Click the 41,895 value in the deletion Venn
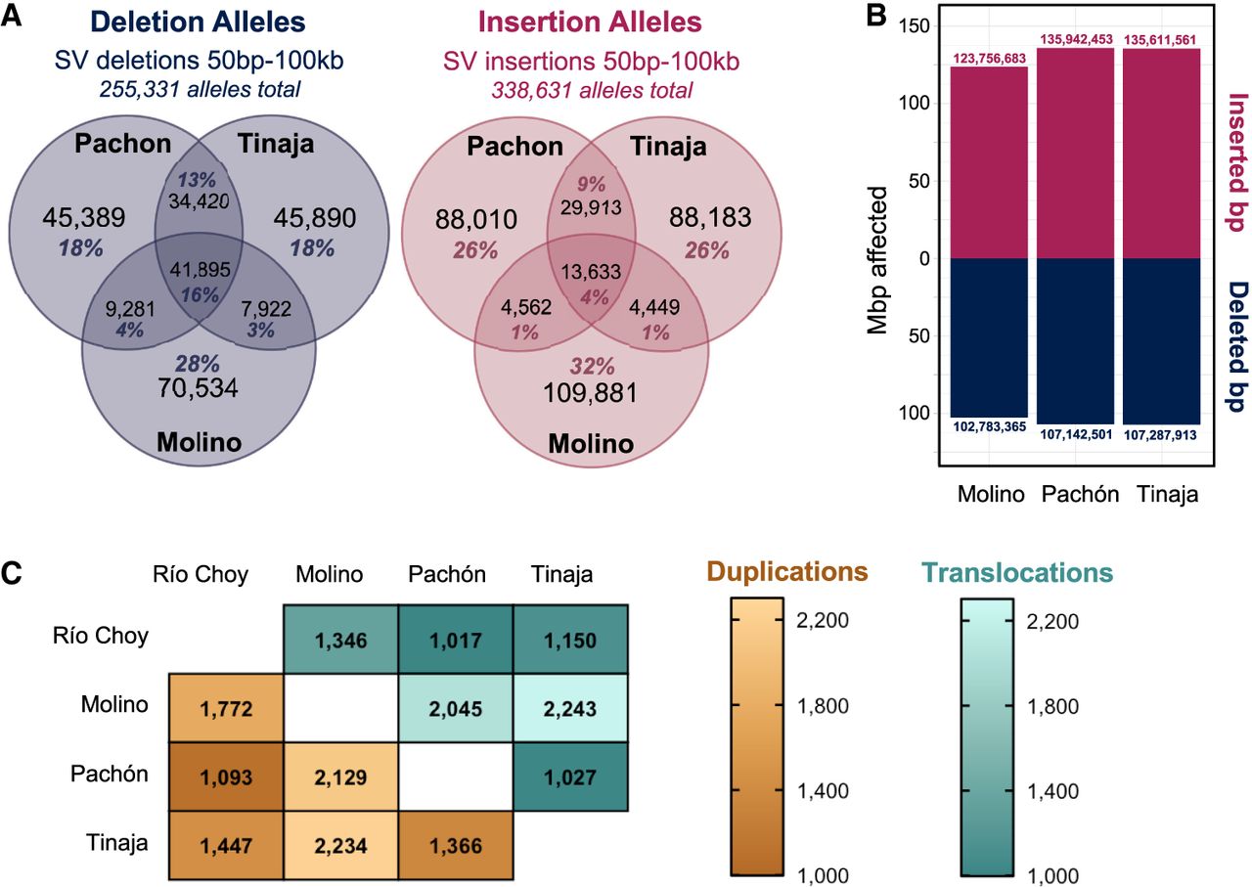[201, 270]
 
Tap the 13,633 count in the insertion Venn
[591, 272]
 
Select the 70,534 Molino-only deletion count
[198, 388]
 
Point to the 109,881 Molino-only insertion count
[590, 393]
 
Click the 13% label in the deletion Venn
[197, 180]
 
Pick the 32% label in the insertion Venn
[592, 367]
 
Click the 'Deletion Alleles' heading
[198, 22]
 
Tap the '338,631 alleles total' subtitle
[592, 90]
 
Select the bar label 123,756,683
[989, 59]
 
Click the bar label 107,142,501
[1076, 434]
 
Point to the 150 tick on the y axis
[914, 25]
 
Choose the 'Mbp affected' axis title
[877, 260]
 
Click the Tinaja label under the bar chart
[1168, 495]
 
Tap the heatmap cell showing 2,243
[570, 708]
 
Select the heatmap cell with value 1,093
[226, 776]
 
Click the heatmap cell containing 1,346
[341, 640]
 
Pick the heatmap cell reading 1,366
[456, 846]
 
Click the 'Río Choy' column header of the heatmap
[201, 575]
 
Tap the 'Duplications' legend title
[787, 572]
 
